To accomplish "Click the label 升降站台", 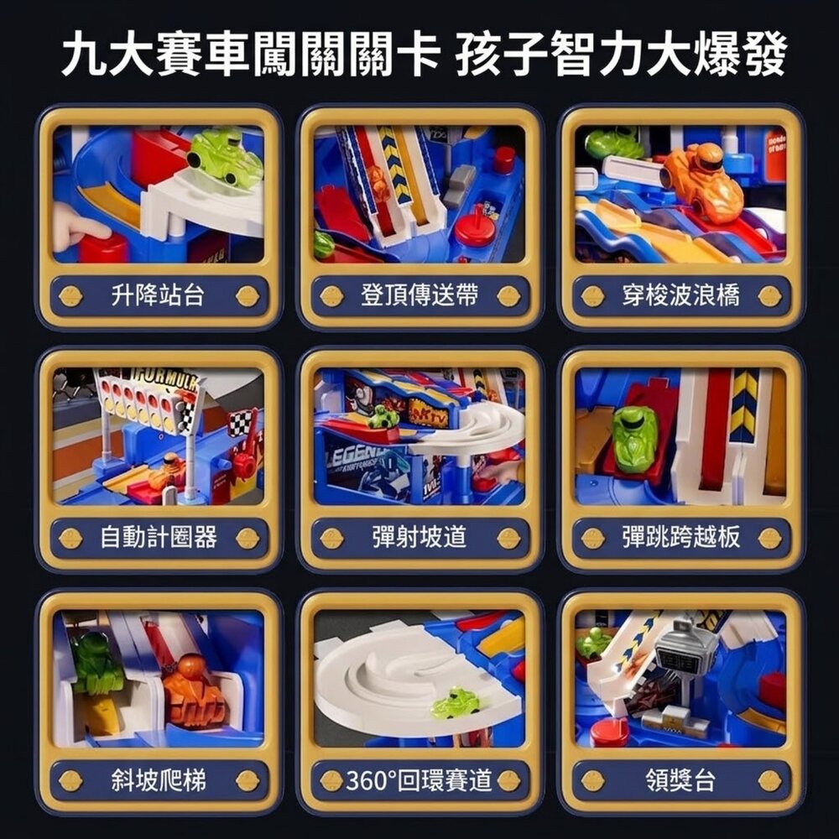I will point(159,295).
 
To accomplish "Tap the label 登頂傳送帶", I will point(419,295).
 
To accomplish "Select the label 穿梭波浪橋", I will point(680,295).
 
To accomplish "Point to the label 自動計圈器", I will point(159,538).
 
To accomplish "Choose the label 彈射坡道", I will point(419,538).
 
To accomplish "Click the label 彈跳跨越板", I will point(680,538).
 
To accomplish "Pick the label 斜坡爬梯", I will point(159,781).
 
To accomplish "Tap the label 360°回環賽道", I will point(419,781).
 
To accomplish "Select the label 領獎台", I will point(680,781).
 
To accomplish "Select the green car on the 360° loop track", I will point(456,703).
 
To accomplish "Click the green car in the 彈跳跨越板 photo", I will point(635,439).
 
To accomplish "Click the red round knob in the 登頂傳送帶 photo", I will point(475,227).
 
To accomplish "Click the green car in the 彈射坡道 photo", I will point(384,416).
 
